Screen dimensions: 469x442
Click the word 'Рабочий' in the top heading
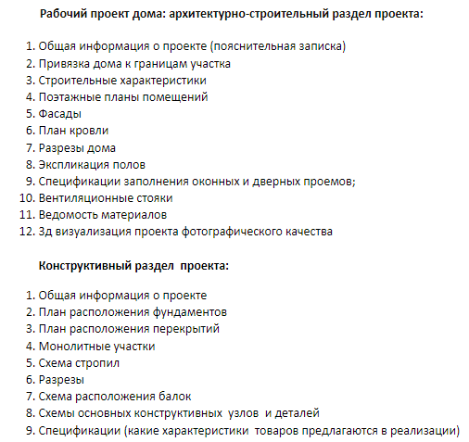click(62, 14)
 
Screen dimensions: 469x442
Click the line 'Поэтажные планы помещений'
click(116, 97)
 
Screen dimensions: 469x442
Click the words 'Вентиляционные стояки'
click(106, 197)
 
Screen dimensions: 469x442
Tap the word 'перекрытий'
click(187, 329)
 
